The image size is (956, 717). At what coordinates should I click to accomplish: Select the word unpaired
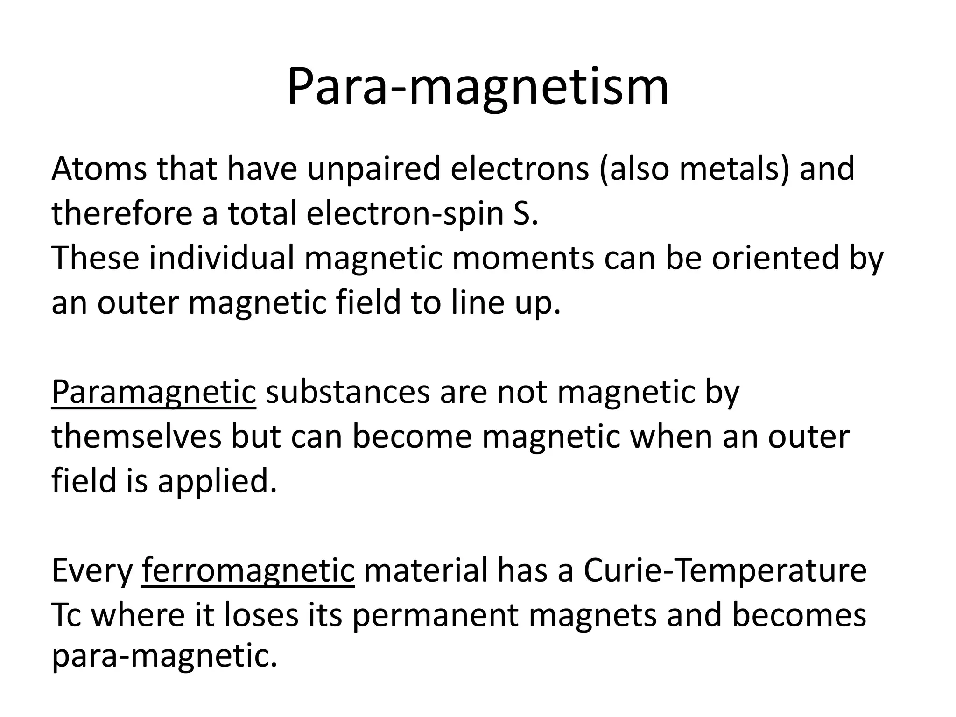click(373, 169)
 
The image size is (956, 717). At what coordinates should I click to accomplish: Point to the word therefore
click(121, 213)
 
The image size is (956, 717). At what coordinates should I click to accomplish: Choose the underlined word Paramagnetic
click(154, 392)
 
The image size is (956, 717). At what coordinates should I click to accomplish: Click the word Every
click(92, 570)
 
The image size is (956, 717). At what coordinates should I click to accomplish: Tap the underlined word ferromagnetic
click(248, 570)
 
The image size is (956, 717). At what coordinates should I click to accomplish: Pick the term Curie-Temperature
click(725, 570)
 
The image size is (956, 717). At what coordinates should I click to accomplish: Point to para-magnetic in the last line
click(164, 656)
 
